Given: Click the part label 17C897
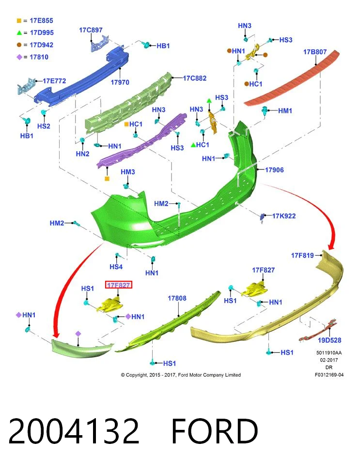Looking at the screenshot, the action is pos(91,30).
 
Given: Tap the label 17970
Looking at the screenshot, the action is pos(120,82).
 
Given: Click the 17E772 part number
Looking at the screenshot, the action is pos(54,81).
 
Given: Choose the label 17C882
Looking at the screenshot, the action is pos(195,78).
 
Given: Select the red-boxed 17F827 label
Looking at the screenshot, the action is pos(119,285).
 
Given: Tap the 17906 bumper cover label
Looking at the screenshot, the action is pos(274,170).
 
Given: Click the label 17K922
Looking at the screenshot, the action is pos(284,216).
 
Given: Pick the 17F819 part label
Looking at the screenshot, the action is pos(302,255).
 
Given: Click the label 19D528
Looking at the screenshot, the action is pos(329,340).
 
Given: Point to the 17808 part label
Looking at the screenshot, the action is pos(177,298).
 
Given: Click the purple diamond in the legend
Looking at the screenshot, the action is pos(19,57).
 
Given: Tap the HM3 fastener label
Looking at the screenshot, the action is pos(128,172).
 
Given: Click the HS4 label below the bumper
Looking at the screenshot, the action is pos(116,267).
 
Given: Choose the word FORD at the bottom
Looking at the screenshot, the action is pos(215,431).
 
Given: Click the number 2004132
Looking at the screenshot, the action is pos(74,431).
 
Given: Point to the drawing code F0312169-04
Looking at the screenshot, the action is pos(329,375).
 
